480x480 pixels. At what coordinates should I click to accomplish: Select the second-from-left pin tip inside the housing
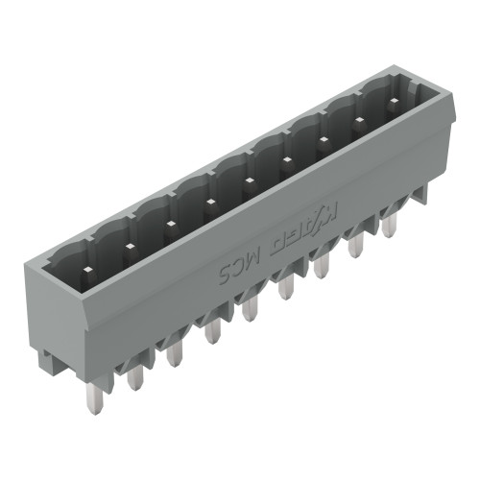pyautogui.click(x=128, y=247)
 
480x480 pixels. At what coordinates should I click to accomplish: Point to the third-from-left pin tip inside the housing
pyautogui.click(x=170, y=225)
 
